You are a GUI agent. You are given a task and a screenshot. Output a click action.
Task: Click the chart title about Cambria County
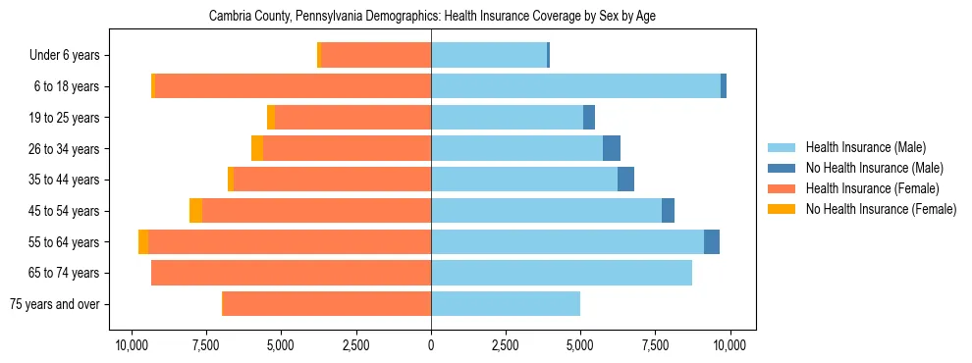pyautogui.click(x=431, y=17)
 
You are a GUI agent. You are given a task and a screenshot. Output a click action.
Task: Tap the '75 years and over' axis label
pyautogui.click(x=54, y=304)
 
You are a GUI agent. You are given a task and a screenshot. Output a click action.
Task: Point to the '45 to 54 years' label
pyautogui.click(x=64, y=211)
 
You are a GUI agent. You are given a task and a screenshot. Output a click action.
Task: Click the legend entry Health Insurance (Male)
pyautogui.click(x=865, y=147)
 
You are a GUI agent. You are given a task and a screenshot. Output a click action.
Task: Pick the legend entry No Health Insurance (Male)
pyautogui.click(x=874, y=168)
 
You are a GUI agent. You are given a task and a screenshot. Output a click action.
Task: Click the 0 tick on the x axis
pyautogui.click(x=431, y=345)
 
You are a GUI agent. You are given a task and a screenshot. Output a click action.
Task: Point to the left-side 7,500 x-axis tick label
pyautogui.click(x=206, y=345)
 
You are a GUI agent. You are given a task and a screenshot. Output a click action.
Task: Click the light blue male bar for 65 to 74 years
pyautogui.click(x=562, y=273)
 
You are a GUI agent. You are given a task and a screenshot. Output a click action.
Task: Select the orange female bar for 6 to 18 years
pyautogui.click(x=293, y=86)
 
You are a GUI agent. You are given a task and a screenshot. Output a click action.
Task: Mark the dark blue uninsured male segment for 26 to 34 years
pyautogui.click(x=612, y=148)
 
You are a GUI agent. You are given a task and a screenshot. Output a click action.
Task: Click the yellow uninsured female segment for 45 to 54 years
pyautogui.click(x=195, y=211)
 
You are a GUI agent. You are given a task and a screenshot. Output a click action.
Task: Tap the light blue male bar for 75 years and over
pyautogui.click(x=506, y=304)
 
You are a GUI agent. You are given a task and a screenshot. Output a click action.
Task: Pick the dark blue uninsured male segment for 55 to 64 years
pyautogui.click(x=712, y=242)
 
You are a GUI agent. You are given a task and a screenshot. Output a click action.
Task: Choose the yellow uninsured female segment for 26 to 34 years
pyautogui.click(x=257, y=148)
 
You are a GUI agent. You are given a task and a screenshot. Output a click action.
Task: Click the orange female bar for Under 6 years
pyautogui.click(x=376, y=56)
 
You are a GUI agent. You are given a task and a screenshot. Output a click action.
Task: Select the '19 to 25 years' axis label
pyautogui.click(x=64, y=118)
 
